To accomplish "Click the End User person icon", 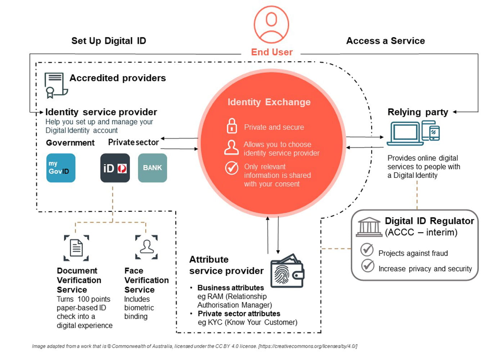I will point(271,24).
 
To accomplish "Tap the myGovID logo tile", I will point(61,168).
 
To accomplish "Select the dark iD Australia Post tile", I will point(115,168).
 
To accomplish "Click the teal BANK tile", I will point(152,168).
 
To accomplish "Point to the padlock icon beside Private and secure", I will point(231,126).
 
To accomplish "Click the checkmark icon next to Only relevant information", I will point(231,168).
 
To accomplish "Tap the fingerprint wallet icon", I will point(287,272).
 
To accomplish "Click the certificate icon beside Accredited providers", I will point(55,85).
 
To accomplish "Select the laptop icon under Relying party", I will point(405,133).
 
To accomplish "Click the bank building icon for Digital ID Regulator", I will point(369,227).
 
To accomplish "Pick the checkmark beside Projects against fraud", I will point(367,249).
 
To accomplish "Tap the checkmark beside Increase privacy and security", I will point(368,265).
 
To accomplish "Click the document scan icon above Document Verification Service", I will point(76,248).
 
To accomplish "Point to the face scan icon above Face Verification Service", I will point(147,247).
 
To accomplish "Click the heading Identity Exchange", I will point(269,102).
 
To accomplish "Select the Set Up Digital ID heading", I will point(108,41).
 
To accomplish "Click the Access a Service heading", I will point(385,41).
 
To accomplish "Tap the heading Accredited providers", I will point(117,78).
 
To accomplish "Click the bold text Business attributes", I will point(230,288).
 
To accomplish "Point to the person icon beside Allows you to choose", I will point(231,148).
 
